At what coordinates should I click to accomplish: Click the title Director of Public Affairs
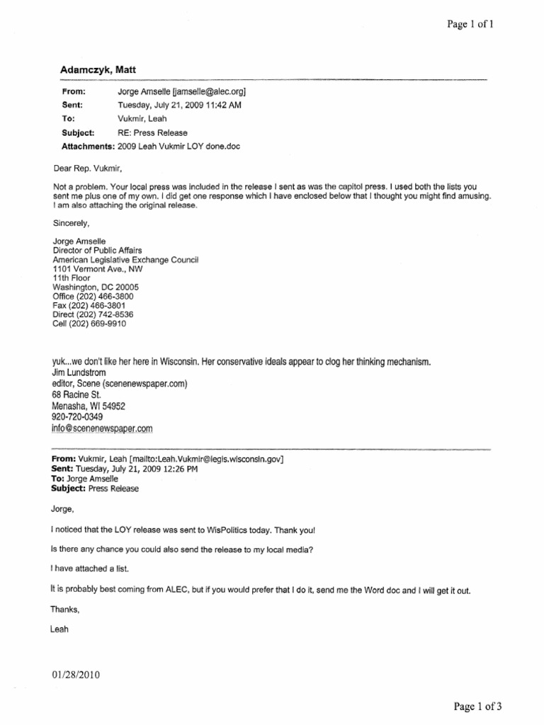tap(98, 251)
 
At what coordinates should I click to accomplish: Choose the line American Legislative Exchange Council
tap(126, 260)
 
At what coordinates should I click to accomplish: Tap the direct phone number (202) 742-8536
tap(106, 315)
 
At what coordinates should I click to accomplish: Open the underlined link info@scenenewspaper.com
tap(103, 429)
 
